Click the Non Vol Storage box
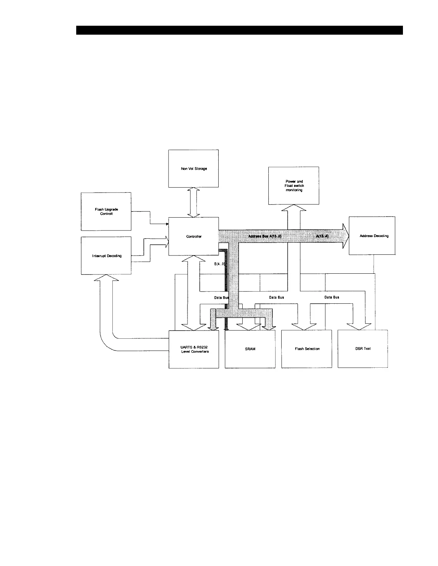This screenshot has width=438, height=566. [x=193, y=168]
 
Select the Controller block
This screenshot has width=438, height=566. [x=193, y=236]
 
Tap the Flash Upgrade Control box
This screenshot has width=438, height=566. [x=106, y=212]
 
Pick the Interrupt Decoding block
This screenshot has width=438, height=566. [x=106, y=256]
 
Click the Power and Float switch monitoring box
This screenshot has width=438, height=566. [x=294, y=185]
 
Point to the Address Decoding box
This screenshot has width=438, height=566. [x=372, y=236]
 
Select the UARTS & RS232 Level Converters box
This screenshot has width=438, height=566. [x=194, y=349]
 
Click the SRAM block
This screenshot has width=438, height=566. [x=250, y=349]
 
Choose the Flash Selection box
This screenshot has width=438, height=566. [x=307, y=349]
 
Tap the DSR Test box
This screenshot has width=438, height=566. [x=362, y=349]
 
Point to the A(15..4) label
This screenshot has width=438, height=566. [x=322, y=236]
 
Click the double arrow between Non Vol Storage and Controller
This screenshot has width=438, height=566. [x=194, y=202]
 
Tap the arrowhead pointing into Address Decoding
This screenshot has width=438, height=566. [x=345, y=236]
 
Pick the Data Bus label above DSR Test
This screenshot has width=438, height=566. [x=332, y=297]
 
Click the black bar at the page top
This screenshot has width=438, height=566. [x=239, y=30]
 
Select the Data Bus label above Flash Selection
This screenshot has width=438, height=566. [x=277, y=297]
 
